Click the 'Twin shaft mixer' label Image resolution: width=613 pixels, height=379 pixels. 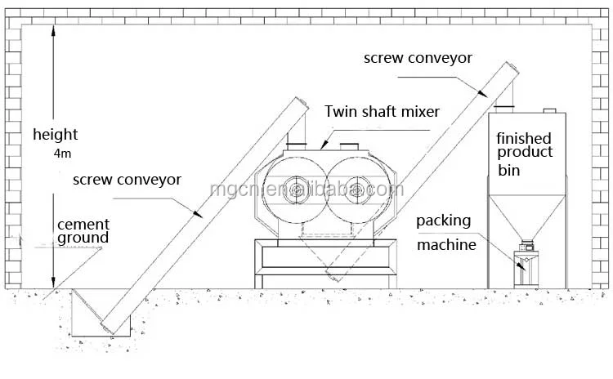coord(381,112)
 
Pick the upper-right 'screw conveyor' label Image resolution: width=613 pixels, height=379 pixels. coord(418,59)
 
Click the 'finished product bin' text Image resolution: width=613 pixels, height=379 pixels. coord(524,154)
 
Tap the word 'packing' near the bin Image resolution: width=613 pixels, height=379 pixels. coord(443,221)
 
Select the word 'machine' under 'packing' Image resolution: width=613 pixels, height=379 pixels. coord(446,244)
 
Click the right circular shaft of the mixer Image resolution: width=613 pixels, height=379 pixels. coord(356,189)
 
